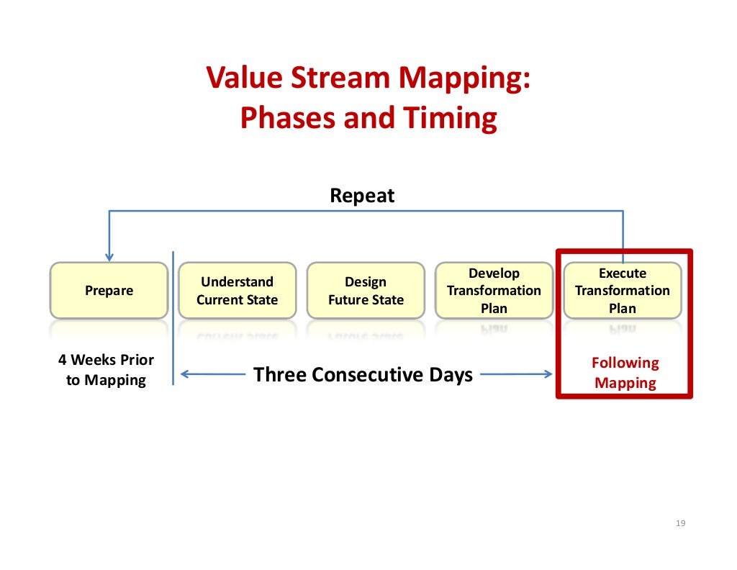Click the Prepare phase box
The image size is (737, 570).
[x=109, y=291]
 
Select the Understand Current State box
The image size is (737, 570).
[x=237, y=291]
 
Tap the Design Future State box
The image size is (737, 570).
[x=366, y=291]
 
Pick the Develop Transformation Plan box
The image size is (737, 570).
[x=494, y=291]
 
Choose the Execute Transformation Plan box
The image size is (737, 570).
[x=623, y=291]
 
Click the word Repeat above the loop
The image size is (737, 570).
[x=362, y=196]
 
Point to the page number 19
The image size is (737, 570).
[x=681, y=523]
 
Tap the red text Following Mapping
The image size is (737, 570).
[x=625, y=373]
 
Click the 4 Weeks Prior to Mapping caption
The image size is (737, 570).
[x=106, y=370]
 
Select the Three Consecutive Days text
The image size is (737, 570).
[x=363, y=375]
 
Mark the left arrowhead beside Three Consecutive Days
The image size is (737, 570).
[x=184, y=374]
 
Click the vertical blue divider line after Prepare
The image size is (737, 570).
[x=173, y=317]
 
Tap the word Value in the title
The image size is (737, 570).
[x=242, y=78]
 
